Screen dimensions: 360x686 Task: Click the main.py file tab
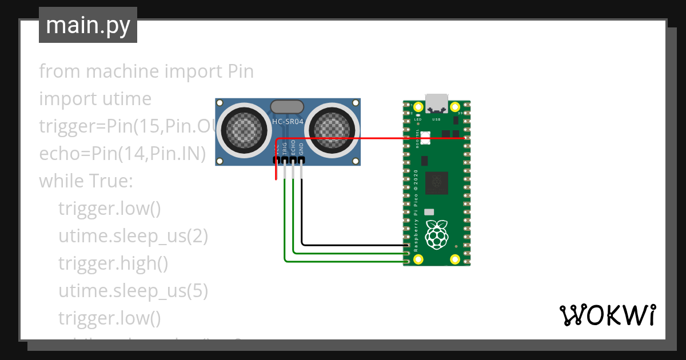87,26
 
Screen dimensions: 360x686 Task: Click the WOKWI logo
607,315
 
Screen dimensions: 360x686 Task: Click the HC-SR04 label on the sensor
288,121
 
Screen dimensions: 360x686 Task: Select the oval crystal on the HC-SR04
286,106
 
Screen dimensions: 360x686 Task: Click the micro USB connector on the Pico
437,103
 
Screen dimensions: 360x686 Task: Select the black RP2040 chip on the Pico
437,182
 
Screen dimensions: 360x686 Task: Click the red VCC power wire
372,138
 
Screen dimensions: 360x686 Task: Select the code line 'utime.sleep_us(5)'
133,291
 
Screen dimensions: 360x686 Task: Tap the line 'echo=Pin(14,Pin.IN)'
122,154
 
